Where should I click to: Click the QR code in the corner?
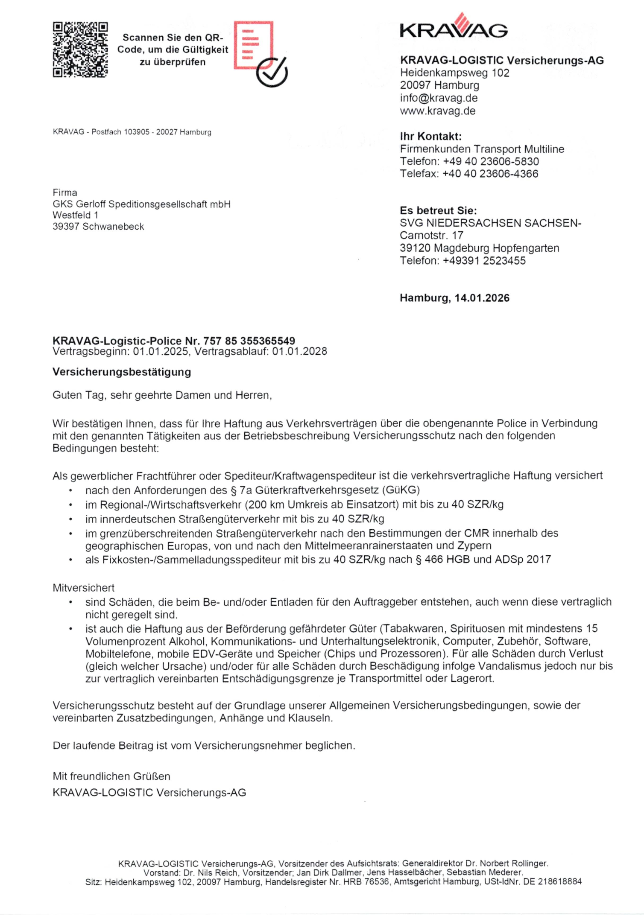pyautogui.click(x=80, y=50)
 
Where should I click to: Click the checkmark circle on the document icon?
pyautogui.click(x=272, y=72)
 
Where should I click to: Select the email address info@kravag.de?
pyautogui.click(x=439, y=98)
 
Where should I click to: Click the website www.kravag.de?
pyautogui.click(x=437, y=111)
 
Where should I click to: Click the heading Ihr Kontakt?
pyautogui.click(x=430, y=137)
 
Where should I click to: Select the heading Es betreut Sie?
pyautogui.click(x=438, y=210)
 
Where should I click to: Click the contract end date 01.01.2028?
pyautogui.click(x=300, y=352)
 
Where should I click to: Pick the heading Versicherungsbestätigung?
pyautogui.click(x=122, y=372)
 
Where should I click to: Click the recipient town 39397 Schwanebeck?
pyautogui.click(x=98, y=227)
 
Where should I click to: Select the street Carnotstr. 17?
pyautogui.click(x=431, y=236)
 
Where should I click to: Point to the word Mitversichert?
pyautogui.click(x=84, y=588)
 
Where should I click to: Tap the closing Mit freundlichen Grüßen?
pyautogui.click(x=111, y=776)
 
